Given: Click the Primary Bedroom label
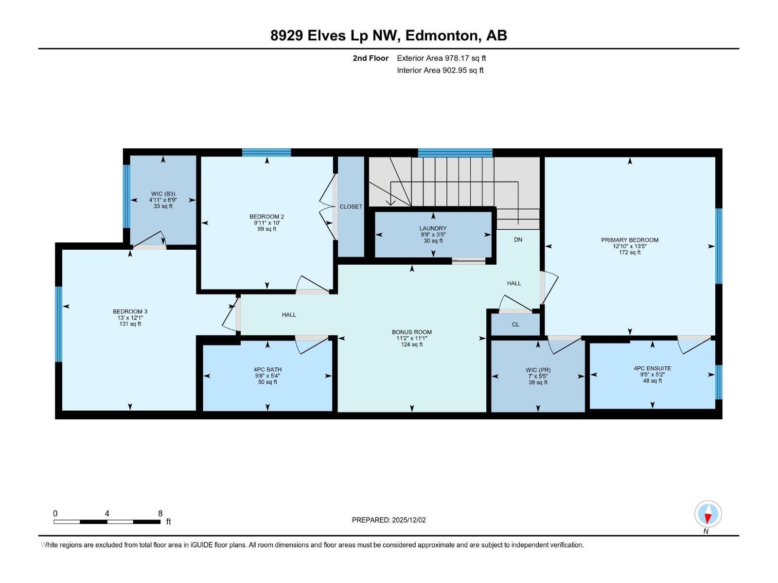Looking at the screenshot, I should point(630,240).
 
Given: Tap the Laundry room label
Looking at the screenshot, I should point(433,228).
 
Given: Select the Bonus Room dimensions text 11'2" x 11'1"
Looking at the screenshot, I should point(411,339).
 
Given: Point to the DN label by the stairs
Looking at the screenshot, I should point(518,240).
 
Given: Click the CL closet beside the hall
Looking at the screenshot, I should point(515,325).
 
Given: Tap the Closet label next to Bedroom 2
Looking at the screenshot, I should point(351,206).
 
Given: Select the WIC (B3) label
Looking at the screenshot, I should point(163,194).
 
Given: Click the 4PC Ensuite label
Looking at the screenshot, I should point(652,369).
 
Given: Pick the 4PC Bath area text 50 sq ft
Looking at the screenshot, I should point(267,382).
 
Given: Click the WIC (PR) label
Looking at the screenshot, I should point(538,370).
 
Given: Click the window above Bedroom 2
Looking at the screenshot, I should point(266,153).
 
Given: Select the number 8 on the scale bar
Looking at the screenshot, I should point(160,514).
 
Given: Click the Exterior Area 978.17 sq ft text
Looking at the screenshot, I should point(441,58).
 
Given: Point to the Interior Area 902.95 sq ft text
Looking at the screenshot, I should point(440,70).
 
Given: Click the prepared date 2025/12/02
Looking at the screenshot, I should point(408,520).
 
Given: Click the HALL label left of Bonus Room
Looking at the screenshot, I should point(289,315).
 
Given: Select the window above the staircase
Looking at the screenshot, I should point(455,153).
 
